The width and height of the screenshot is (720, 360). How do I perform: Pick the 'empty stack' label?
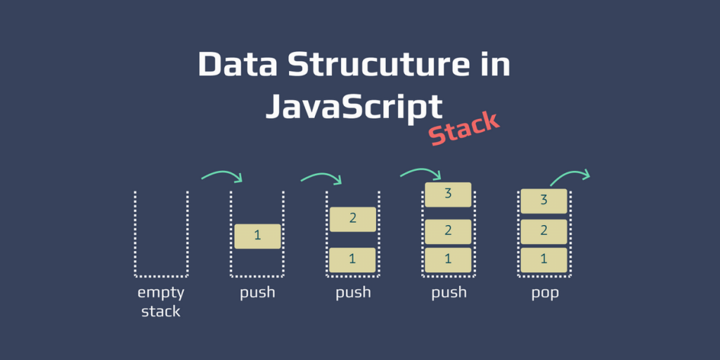pos(161,302)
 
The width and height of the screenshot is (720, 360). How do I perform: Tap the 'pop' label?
pos(545,293)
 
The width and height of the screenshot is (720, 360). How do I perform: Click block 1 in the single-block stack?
pos(257,236)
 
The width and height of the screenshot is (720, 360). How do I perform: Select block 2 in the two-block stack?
pos(353,219)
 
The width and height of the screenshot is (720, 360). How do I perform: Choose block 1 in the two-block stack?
pos(353,259)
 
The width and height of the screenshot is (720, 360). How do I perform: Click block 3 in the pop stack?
pos(544,201)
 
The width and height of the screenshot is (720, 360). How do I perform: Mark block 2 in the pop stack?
pos(544,231)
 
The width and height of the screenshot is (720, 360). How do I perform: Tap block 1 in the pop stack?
pos(544,259)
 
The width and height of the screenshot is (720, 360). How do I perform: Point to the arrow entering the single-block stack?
pos(222,174)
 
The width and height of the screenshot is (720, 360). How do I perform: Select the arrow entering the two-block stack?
pos(321,176)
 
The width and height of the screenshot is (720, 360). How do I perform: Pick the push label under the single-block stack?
pos(257,293)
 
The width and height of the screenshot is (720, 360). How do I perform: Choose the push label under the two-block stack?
pos(353,293)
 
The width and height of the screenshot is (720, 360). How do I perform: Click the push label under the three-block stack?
pos(449,293)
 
